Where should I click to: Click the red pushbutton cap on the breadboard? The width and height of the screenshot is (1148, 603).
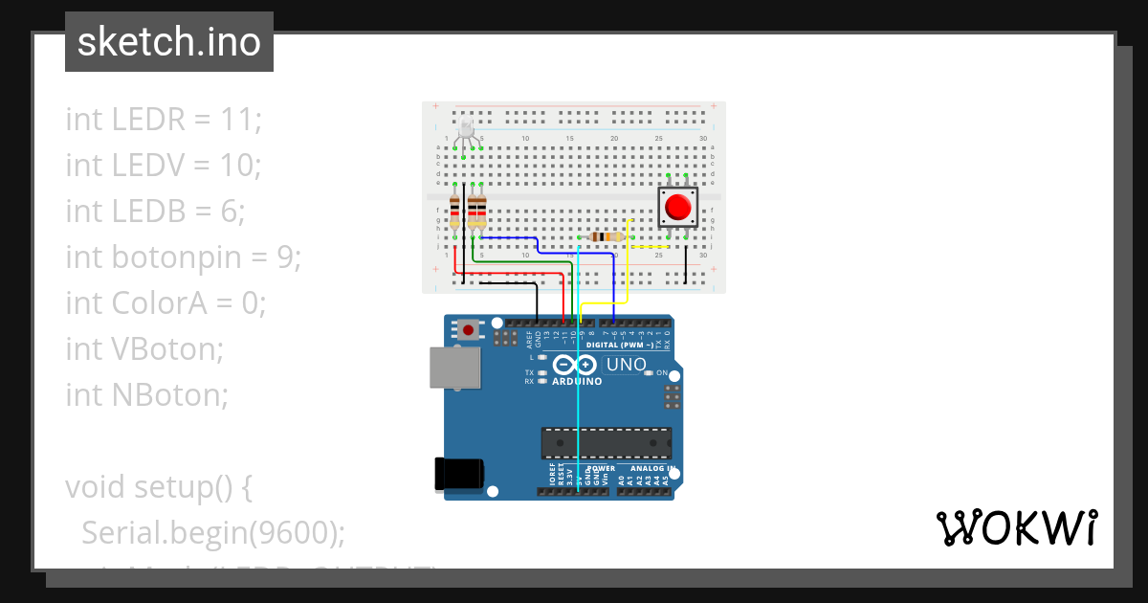(x=678, y=208)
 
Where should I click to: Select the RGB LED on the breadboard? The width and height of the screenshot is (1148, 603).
(x=466, y=131)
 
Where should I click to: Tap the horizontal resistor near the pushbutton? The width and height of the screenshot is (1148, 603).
(x=606, y=236)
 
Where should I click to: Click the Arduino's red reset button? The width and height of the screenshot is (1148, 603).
(x=468, y=330)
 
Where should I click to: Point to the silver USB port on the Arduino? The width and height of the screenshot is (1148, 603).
(x=454, y=368)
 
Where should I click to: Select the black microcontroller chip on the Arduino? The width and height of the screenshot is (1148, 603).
(x=606, y=443)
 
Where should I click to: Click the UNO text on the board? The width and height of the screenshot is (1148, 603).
(x=627, y=365)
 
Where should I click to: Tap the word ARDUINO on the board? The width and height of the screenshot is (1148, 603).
(x=577, y=381)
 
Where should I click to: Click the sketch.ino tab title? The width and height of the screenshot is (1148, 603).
(x=169, y=42)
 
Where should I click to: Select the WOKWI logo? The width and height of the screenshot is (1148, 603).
(x=1016, y=527)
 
